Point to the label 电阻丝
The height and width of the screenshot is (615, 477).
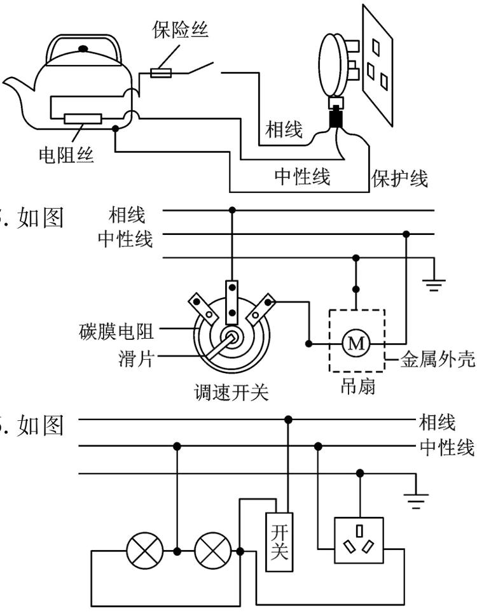click(67, 155)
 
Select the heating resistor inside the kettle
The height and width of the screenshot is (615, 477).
click(82, 118)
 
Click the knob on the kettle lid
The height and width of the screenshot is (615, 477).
click(83, 48)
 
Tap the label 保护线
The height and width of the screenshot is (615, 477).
click(399, 178)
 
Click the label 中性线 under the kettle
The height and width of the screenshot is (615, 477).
click(302, 176)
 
